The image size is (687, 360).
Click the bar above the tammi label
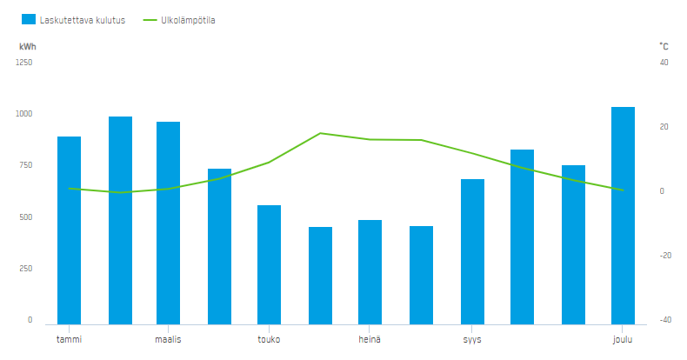pos(70,230)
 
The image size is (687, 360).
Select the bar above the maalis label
pos(168,223)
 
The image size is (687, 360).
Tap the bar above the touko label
pos(269,265)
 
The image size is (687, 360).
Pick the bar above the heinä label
pos(370,272)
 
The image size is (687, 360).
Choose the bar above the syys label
pos(472,252)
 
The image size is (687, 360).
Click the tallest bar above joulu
pos(623,216)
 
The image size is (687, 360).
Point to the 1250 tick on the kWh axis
pos(24,63)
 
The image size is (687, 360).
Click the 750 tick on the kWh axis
pos(26,165)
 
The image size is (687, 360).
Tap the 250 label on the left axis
pos(26,269)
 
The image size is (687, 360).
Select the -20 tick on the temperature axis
pos(665,256)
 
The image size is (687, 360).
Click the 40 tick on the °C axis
pos(664,63)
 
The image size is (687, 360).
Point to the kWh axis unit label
pos(28,47)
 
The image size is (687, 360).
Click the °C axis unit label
pos(664,46)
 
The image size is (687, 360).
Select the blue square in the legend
pos(29,19)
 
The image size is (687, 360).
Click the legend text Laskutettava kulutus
pos(83,20)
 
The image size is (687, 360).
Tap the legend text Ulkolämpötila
pos(188,20)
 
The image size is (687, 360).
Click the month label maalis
pos(168,339)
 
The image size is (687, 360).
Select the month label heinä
pos(370,339)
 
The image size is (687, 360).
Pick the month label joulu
pos(623,340)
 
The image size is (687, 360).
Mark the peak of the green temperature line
pos(320,133)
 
